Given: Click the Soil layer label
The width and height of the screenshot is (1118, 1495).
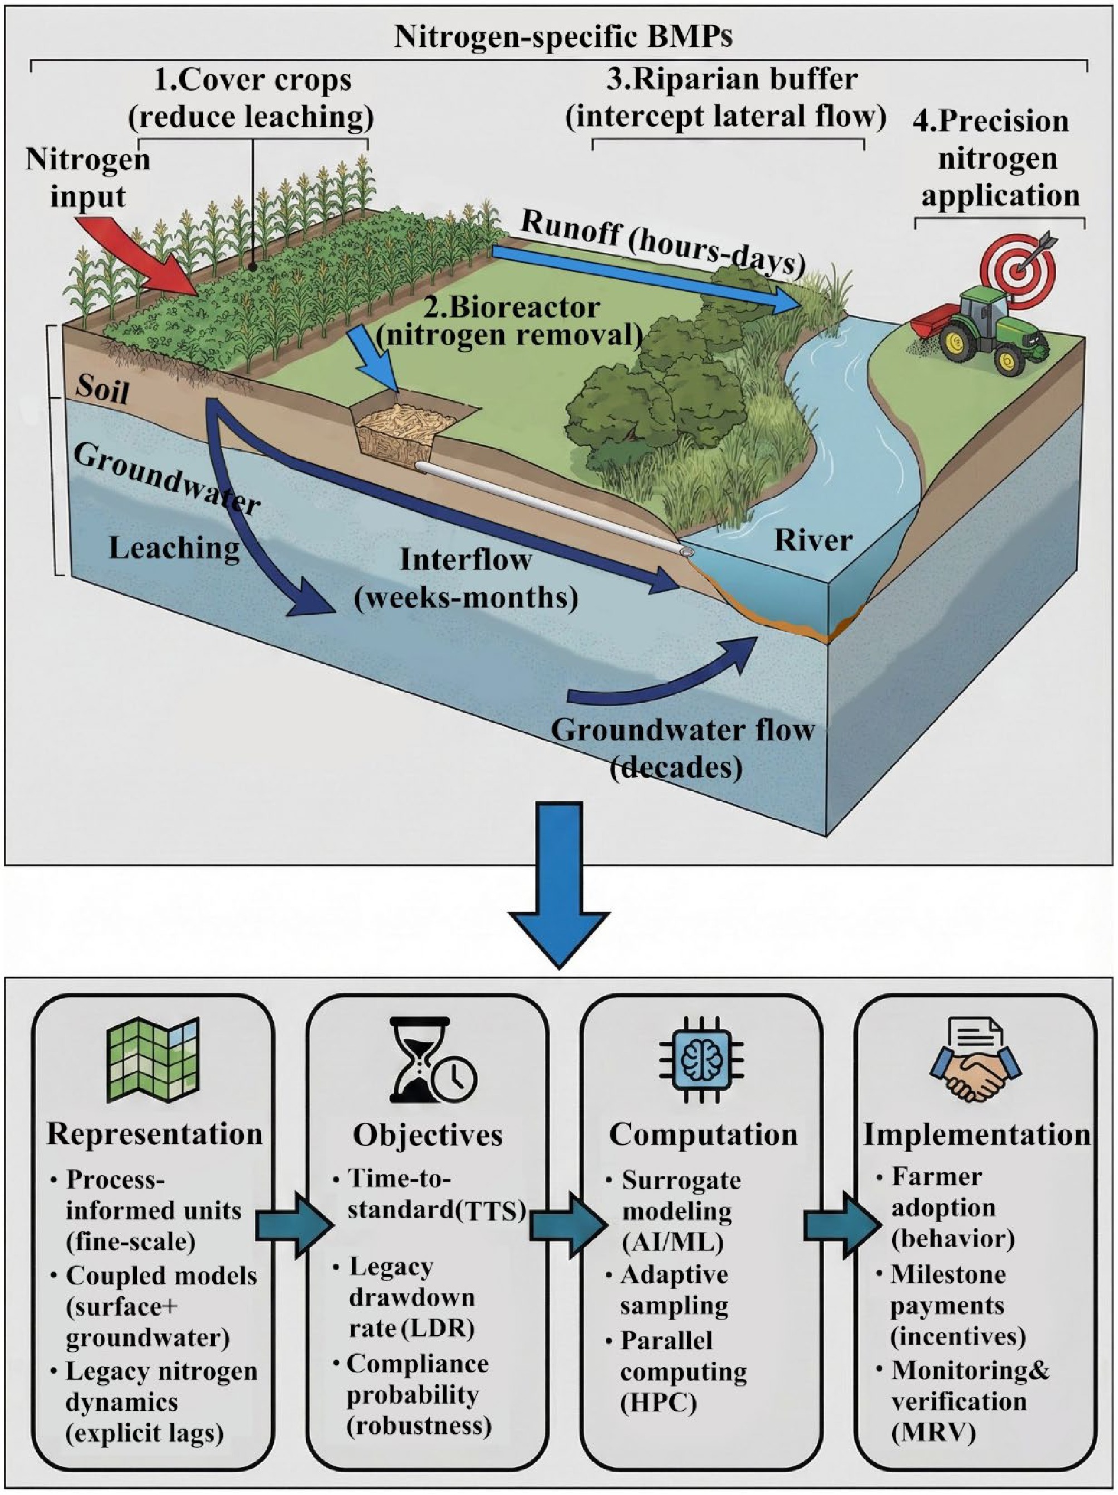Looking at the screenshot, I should [101, 389].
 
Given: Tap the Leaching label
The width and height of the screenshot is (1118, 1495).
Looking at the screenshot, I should [174, 548].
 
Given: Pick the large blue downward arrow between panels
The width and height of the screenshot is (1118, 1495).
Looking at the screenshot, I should [559, 885].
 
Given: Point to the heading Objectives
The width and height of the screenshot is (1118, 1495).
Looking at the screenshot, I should [428, 1135].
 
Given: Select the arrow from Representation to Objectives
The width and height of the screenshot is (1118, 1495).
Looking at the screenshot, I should [293, 1223].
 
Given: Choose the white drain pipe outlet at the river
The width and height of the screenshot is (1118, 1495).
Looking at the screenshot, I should [687, 552].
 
